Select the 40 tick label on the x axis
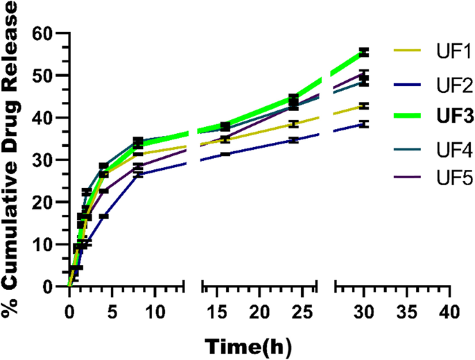[x=449, y=307]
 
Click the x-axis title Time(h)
[x=247, y=344]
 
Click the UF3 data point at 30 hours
[x=363, y=52]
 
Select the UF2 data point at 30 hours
[x=363, y=124]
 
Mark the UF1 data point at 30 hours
[x=363, y=106]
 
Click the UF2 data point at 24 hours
[x=294, y=139]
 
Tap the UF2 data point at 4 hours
[x=103, y=216]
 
